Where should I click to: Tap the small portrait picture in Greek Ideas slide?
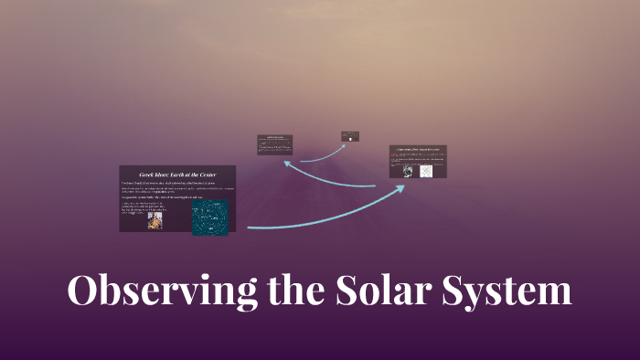click(x=155, y=220)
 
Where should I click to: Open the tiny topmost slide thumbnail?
click(x=351, y=135)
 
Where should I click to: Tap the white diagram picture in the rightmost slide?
click(x=426, y=171)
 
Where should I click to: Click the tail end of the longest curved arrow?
click(x=250, y=226)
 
